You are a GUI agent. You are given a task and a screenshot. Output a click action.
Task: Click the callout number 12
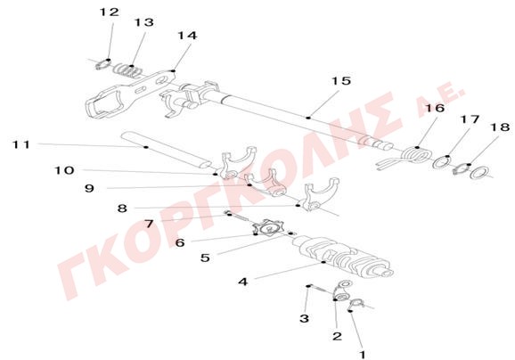coord(109,12)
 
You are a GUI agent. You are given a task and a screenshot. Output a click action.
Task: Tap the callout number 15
coord(341,81)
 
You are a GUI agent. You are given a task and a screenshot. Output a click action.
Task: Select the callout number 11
coord(21,144)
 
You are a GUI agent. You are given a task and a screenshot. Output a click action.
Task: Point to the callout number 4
coord(243,282)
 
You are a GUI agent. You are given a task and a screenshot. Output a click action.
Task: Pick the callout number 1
coord(363,355)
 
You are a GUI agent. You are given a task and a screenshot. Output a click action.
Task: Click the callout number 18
coord(500,127)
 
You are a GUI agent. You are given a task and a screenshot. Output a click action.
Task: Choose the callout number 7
coord(149,224)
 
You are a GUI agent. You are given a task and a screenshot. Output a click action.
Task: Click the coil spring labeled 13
coord(128,70)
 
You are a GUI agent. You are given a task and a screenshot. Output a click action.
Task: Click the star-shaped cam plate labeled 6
coord(267,227)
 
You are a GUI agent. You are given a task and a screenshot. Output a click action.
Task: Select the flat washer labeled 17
coord(441,162)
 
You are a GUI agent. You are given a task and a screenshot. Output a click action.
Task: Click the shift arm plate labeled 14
coord(131,93)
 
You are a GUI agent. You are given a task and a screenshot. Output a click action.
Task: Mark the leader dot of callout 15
coord(308,118)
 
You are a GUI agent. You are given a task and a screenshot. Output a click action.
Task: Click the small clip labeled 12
coord(102,64)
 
